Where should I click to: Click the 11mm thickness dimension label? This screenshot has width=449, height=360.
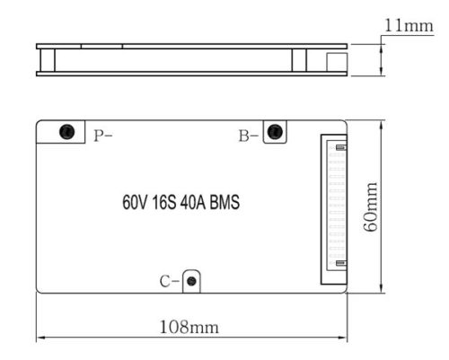409,25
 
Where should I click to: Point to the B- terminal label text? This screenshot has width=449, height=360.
248,136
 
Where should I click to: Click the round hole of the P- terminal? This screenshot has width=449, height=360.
66,133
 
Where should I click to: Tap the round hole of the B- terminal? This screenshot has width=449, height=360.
275,133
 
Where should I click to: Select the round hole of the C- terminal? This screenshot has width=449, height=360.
191,282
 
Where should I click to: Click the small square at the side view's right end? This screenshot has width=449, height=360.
333,61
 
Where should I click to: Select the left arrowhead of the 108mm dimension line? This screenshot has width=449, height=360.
40,338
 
